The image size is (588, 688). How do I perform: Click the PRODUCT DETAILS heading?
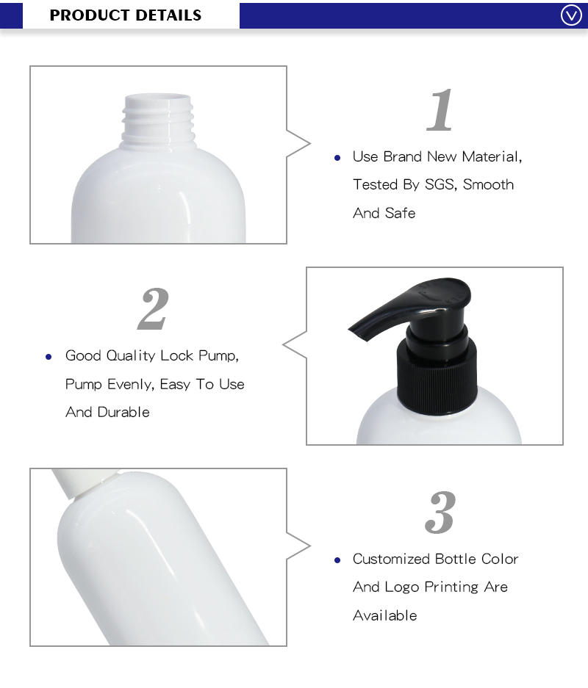[x=126, y=15]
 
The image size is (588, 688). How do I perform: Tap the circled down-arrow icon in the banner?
[x=571, y=15]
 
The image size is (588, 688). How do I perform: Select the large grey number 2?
[x=154, y=309]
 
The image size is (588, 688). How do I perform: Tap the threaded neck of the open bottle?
[x=159, y=119]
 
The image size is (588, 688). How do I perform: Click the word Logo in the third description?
[x=403, y=587]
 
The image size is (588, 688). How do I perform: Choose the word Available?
[x=384, y=615]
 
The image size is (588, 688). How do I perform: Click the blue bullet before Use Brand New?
[x=337, y=158]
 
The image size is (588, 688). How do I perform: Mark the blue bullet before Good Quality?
[x=49, y=357]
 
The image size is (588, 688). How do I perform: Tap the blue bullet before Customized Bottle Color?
[x=337, y=560]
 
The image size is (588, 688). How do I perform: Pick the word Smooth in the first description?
[x=489, y=184]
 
